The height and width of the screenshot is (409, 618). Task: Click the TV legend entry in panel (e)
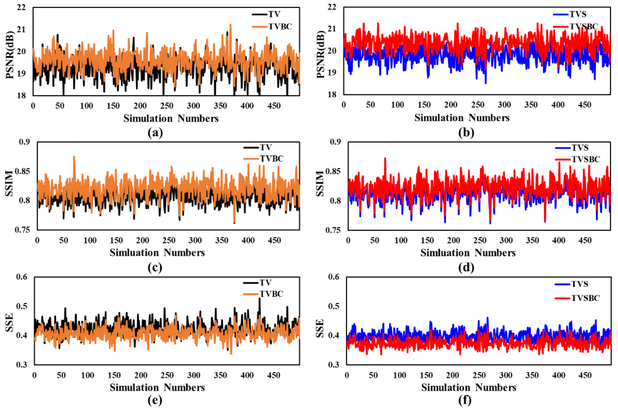point(265,282)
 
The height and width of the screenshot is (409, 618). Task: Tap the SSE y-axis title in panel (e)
point(9,322)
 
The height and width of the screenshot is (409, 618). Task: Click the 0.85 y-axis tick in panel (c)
point(23,171)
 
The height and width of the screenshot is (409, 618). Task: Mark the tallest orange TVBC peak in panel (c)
point(74,156)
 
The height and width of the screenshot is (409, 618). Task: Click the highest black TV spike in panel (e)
point(259,298)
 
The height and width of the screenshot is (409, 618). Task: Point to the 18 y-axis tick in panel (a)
point(22,95)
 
